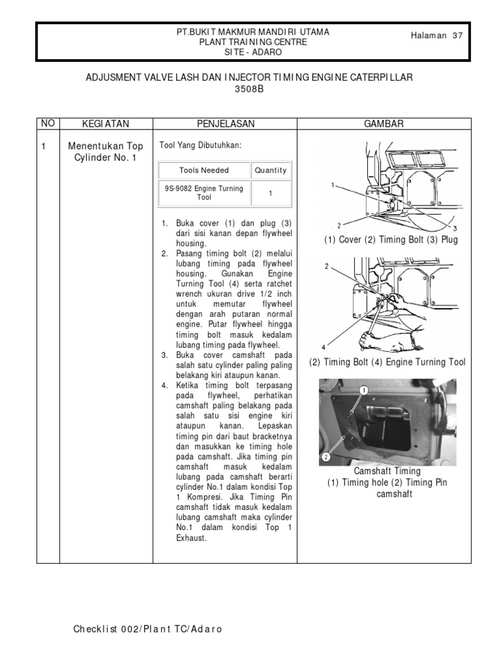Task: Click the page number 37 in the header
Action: [458, 36]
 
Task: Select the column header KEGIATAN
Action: [106, 124]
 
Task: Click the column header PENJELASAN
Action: [225, 124]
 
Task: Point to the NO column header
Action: [47, 123]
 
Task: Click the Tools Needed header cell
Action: [204, 170]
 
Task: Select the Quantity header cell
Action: [270, 170]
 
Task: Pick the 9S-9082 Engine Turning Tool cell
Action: [204, 193]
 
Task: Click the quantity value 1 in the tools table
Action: [271, 193]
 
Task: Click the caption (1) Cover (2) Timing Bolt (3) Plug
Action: [391, 240]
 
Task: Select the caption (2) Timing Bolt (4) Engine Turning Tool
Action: [387, 362]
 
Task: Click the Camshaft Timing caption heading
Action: [387, 471]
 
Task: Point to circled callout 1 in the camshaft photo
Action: [364, 390]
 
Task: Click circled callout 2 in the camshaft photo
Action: [326, 457]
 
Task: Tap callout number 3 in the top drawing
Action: [455, 228]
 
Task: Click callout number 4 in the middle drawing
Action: [323, 347]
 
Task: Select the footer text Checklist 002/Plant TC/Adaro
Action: [149, 630]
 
